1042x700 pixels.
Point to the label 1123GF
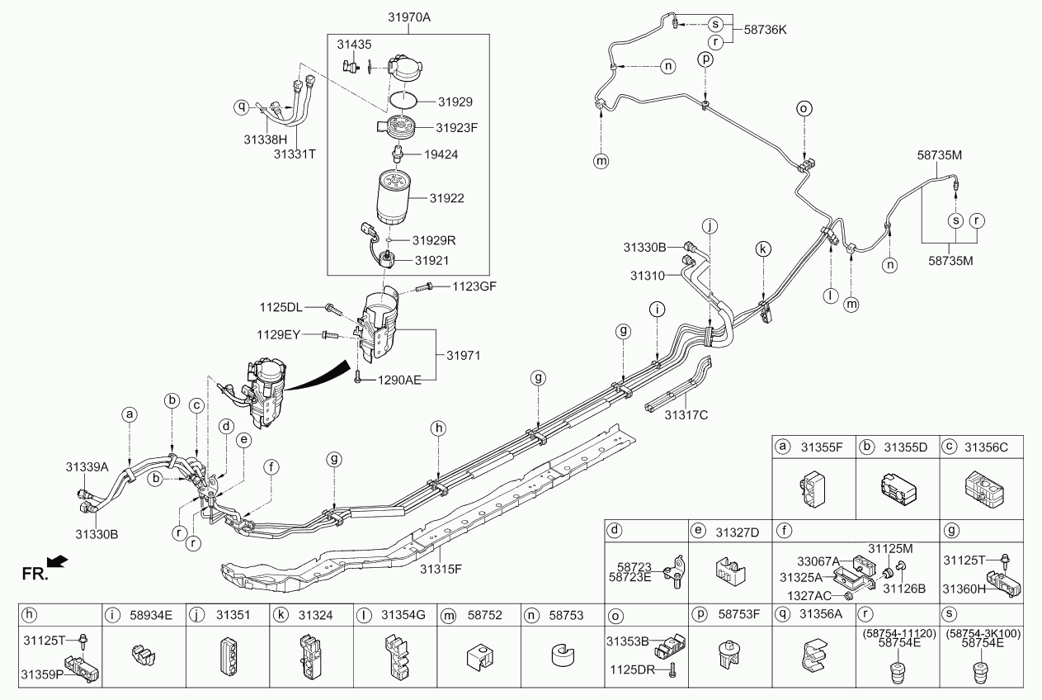point(474,287)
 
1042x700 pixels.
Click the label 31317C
point(686,414)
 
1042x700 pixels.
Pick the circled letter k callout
point(764,248)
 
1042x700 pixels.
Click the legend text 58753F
point(740,615)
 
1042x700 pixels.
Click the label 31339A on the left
point(87,466)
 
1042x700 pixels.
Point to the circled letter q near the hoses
point(242,106)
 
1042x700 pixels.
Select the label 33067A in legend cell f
point(818,560)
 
